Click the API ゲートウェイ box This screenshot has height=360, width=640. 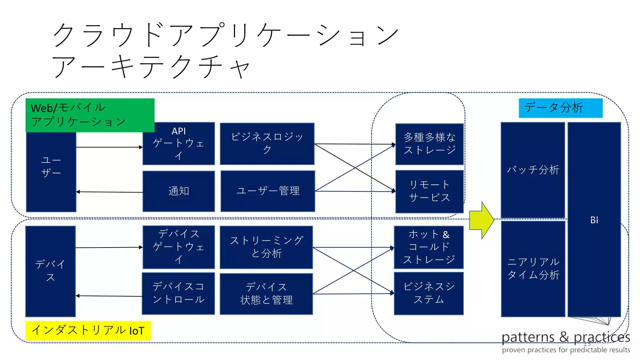click(x=178, y=143)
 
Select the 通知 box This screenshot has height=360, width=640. click(x=178, y=191)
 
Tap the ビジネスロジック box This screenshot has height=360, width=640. click(x=267, y=143)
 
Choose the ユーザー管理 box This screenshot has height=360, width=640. click(x=267, y=191)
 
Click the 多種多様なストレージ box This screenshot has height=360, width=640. click(x=429, y=144)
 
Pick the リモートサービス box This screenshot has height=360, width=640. click(x=429, y=191)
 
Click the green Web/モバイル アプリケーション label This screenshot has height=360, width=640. click(x=90, y=115)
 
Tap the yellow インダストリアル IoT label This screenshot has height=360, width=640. click(x=88, y=330)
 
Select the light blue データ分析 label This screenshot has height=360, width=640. click(x=560, y=108)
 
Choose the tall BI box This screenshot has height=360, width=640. click(x=594, y=220)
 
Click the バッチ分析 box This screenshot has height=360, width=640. click(x=532, y=170)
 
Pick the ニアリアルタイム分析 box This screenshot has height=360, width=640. click(x=533, y=268)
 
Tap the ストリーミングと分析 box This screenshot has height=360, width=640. click(x=266, y=247)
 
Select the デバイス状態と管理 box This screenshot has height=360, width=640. click(x=266, y=294)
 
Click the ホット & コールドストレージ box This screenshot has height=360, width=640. click(x=428, y=247)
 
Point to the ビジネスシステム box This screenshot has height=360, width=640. click(x=428, y=293)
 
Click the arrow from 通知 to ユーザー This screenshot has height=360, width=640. click(x=109, y=192)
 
